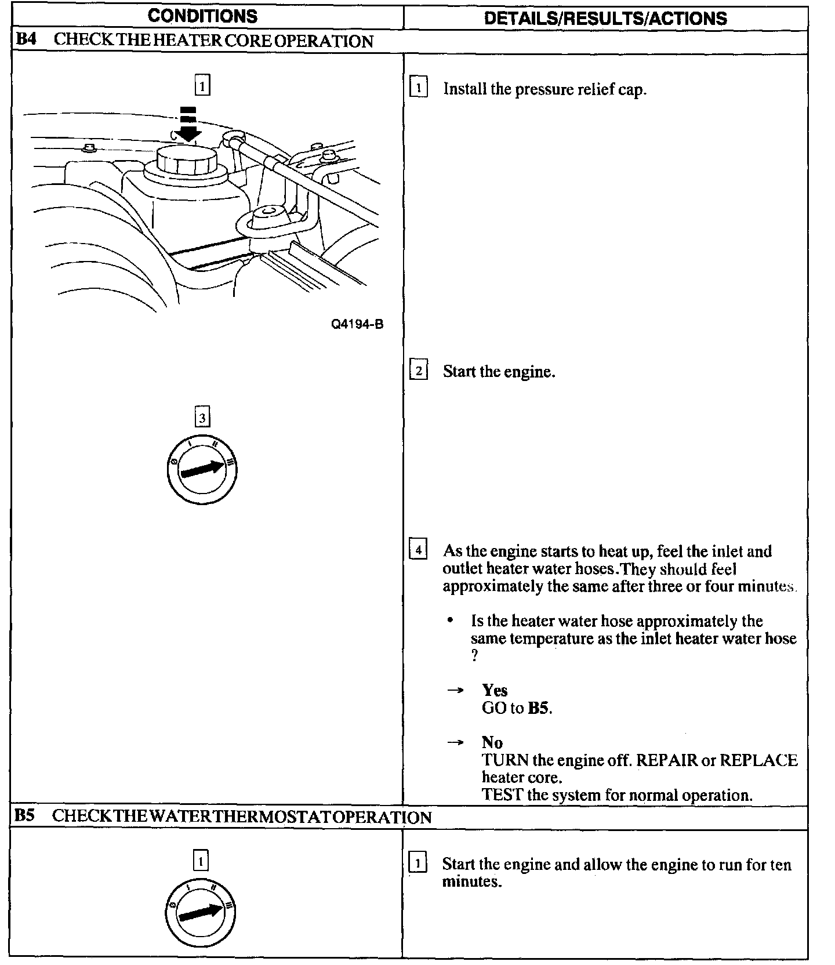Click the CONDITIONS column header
tap(202, 16)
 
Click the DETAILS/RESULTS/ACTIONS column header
tap(605, 18)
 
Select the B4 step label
tap(26, 40)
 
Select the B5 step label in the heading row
tap(24, 816)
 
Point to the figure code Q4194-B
tap(357, 324)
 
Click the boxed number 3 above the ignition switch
tap(202, 418)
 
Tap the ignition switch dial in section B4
tap(201, 469)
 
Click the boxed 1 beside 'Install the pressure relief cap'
tap(418, 88)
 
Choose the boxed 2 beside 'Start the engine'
tap(418, 370)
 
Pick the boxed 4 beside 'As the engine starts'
tap(418, 549)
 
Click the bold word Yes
tap(495, 690)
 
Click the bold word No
tap(492, 742)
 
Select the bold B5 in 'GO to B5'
tap(539, 708)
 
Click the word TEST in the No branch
tap(502, 795)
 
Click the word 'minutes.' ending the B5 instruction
tap(471, 882)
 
